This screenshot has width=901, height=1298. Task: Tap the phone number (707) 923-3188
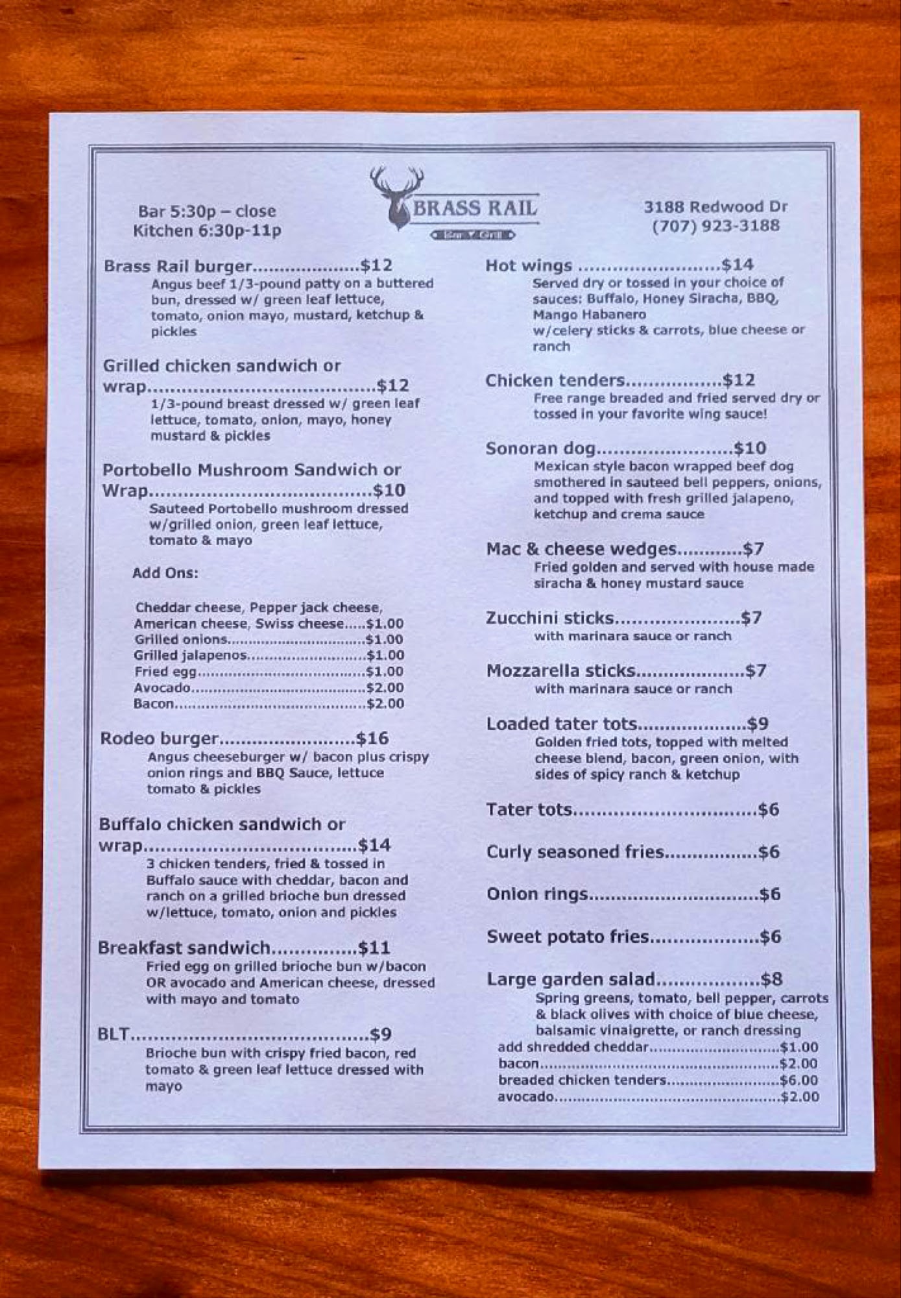point(715,226)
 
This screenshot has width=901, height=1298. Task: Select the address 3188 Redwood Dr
point(715,207)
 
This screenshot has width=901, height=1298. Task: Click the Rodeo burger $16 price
point(372,738)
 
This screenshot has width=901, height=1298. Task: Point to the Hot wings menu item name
point(529,265)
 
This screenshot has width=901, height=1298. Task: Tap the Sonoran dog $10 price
point(750,448)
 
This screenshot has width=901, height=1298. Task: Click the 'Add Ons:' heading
point(165,573)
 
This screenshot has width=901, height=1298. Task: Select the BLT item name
point(114,1035)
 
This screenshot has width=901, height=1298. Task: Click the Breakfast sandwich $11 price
point(374,948)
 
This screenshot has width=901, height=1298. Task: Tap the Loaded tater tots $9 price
point(758,724)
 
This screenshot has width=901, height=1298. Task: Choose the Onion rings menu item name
point(537,894)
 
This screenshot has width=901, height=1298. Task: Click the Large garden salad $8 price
point(772,979)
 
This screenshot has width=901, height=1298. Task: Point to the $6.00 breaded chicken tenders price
point(799,1080)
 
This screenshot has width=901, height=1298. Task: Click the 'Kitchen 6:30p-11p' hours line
point(207,231)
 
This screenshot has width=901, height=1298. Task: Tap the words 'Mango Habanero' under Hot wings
point(590,315)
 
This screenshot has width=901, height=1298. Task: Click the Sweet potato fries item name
point(568,937)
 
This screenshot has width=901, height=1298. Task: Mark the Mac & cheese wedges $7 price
point(754,550)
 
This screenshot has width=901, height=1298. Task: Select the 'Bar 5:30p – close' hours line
point(207,212)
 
